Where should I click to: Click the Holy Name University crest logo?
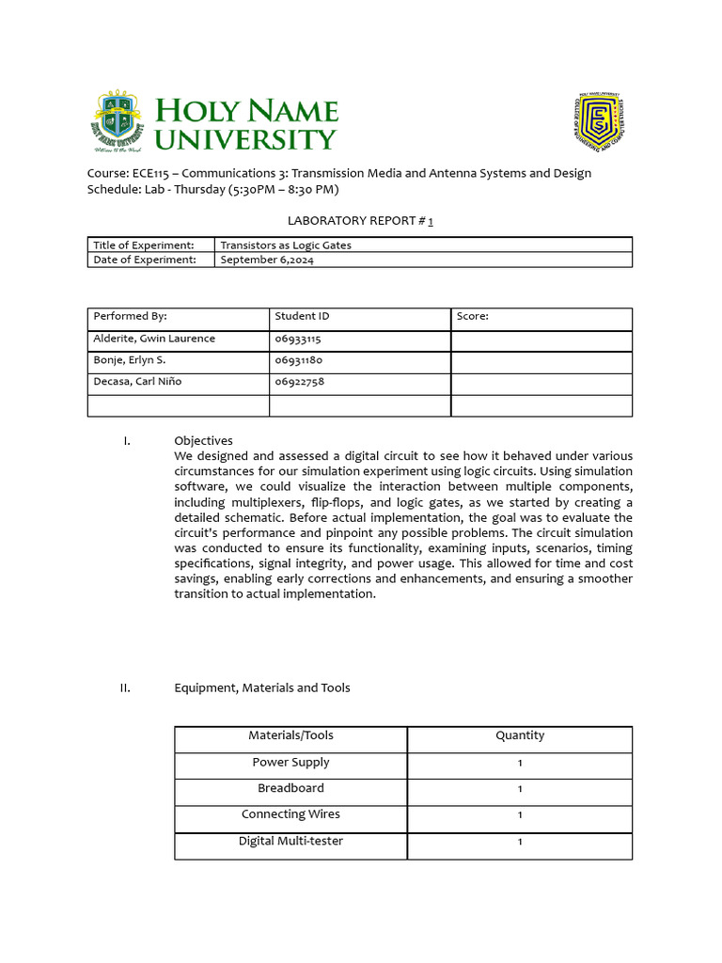tap(118, 121)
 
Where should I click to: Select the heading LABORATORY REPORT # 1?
tap(360, 220)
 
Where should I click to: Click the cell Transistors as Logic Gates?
tap(286, 245)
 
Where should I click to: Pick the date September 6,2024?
tap(267, 260)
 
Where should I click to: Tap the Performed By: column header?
tap(130, 317)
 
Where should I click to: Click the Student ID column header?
tap(302, 317)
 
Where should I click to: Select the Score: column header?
tap(472, 317)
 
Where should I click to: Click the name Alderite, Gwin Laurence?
tap(154, 339)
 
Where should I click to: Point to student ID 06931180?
tap(298, 360)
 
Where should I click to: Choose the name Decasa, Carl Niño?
tap(137, 382)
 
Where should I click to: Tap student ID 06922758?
tap(300, 382)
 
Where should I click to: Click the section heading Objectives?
tap(203, 440)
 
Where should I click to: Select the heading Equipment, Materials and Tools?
tap(261, 687)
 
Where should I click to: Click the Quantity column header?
tap(519, 735)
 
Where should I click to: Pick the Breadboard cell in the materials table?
tap(290, 788)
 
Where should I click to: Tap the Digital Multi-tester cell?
tap(290, 841)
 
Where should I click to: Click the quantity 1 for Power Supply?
tap(520, 763)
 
